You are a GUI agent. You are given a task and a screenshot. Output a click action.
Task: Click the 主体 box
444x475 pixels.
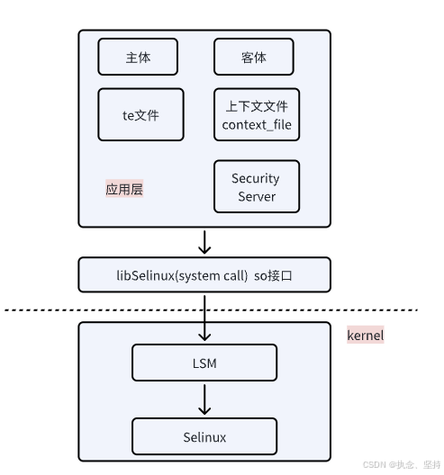pos(138,57)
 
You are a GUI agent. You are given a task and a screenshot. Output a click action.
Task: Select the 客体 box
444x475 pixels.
pos(254,57)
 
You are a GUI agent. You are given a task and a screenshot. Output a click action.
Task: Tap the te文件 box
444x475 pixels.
pos(139,114)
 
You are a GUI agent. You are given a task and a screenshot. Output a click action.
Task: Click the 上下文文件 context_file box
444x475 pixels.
pos(257,114)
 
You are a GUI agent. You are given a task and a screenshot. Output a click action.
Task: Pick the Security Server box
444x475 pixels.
pos(257,187)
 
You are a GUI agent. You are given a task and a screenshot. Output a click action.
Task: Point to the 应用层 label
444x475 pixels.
pos(124,190)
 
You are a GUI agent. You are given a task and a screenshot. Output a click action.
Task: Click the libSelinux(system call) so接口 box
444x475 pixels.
pos(204,274)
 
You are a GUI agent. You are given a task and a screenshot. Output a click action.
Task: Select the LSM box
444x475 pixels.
pos(204,362)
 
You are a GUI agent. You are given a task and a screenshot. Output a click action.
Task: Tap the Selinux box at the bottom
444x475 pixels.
pos(204,436)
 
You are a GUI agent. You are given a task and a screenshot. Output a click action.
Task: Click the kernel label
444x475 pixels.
pos(366,336)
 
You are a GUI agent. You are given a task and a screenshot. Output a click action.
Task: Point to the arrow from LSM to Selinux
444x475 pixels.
pos(204,399)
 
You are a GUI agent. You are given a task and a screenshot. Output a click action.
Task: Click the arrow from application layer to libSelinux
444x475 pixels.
pos(204,242)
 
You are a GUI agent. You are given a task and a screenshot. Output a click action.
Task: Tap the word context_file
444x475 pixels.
pos(257,124)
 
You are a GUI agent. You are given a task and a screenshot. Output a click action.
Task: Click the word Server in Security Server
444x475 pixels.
pos(257,196)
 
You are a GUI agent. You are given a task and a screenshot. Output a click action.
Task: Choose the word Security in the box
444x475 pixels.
pos(257,178)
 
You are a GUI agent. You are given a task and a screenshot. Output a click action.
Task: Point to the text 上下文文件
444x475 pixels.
pos(257,105)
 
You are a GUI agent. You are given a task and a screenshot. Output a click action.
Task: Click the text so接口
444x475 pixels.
pos(277,274)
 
